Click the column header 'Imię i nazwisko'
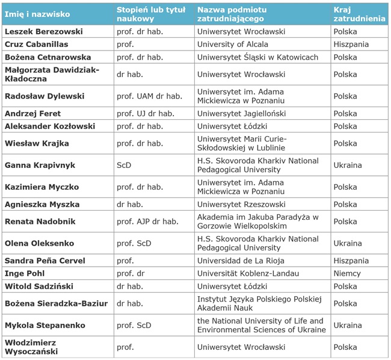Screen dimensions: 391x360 coord(37,14)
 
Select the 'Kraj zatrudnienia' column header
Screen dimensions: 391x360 coord(359,14)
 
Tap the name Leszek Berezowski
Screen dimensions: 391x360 coord(44,31)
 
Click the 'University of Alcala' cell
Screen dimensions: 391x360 coord(232,44)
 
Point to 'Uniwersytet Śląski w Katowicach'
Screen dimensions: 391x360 coord(257,57)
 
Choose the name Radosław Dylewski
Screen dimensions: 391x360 coord(45,96)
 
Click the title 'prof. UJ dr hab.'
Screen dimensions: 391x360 coord(146,114)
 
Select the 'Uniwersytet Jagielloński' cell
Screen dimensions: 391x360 coord(241,114)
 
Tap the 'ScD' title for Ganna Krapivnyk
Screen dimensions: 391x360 coord(124,165)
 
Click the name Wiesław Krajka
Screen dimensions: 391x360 coord(37,143)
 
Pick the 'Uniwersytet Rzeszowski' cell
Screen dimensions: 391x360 coord(241,204)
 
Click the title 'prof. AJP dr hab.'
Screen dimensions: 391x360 coord(147,222)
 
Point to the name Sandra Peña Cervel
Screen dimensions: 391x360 coord(45,261)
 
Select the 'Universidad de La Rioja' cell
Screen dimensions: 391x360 coord(241,261)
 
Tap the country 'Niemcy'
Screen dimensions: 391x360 coord(347,273)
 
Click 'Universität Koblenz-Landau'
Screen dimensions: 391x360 coord(248,273)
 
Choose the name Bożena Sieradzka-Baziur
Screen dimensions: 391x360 coord(56,303)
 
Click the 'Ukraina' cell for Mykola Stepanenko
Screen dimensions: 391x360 coord(348,325)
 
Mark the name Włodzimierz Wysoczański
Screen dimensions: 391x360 coord(31,347)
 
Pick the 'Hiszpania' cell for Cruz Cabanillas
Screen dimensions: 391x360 coord(351,44)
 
